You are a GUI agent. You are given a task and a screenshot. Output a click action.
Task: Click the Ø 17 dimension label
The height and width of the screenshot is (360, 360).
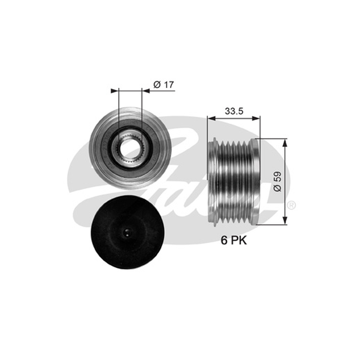(164, 85)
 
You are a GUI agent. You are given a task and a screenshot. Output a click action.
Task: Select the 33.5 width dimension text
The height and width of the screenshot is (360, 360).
(234, 111)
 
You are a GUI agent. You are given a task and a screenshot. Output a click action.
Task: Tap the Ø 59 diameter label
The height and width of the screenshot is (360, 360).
(277, 181)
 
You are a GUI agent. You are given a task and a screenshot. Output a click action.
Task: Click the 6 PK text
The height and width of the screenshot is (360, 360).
(234, 240)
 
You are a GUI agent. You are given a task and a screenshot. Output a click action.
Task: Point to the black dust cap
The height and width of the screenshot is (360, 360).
(127, 232)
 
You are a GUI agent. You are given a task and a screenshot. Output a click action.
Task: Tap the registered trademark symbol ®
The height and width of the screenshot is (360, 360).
(291, 205)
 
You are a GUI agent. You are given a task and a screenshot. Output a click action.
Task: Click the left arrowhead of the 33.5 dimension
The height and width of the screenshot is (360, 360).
(211, 118)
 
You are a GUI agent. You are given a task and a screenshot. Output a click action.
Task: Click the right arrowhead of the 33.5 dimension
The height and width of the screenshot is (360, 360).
(256, 118)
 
